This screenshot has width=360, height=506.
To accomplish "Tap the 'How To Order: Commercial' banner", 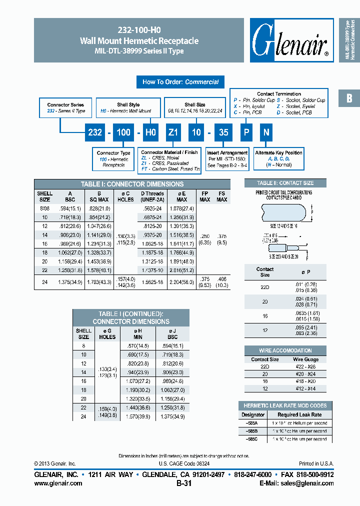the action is (x=180, y=82).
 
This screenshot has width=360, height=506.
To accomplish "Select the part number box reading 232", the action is (x=95, y=132).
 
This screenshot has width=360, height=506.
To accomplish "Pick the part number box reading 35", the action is (x=224, y=132).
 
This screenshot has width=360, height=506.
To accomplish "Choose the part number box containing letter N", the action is (x=266, y=132).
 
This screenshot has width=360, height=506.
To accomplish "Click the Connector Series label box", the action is (x=66, y=108).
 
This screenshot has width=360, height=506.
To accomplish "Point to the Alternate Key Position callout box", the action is (x=279, y=158).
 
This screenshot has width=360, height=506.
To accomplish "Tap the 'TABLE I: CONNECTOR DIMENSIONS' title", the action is (x=132, y=184).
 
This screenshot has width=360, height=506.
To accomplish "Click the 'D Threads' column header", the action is (x=152, y=196).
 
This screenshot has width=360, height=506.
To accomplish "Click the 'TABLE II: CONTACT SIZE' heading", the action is (x=285, y=183).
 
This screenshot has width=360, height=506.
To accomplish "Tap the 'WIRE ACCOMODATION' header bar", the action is (x=285, y=350).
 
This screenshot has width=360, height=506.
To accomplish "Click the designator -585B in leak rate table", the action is (x=253, y=431).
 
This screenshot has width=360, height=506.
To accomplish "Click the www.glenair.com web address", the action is (x=58, y=483).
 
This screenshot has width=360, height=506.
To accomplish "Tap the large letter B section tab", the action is (x=349, y=98).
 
